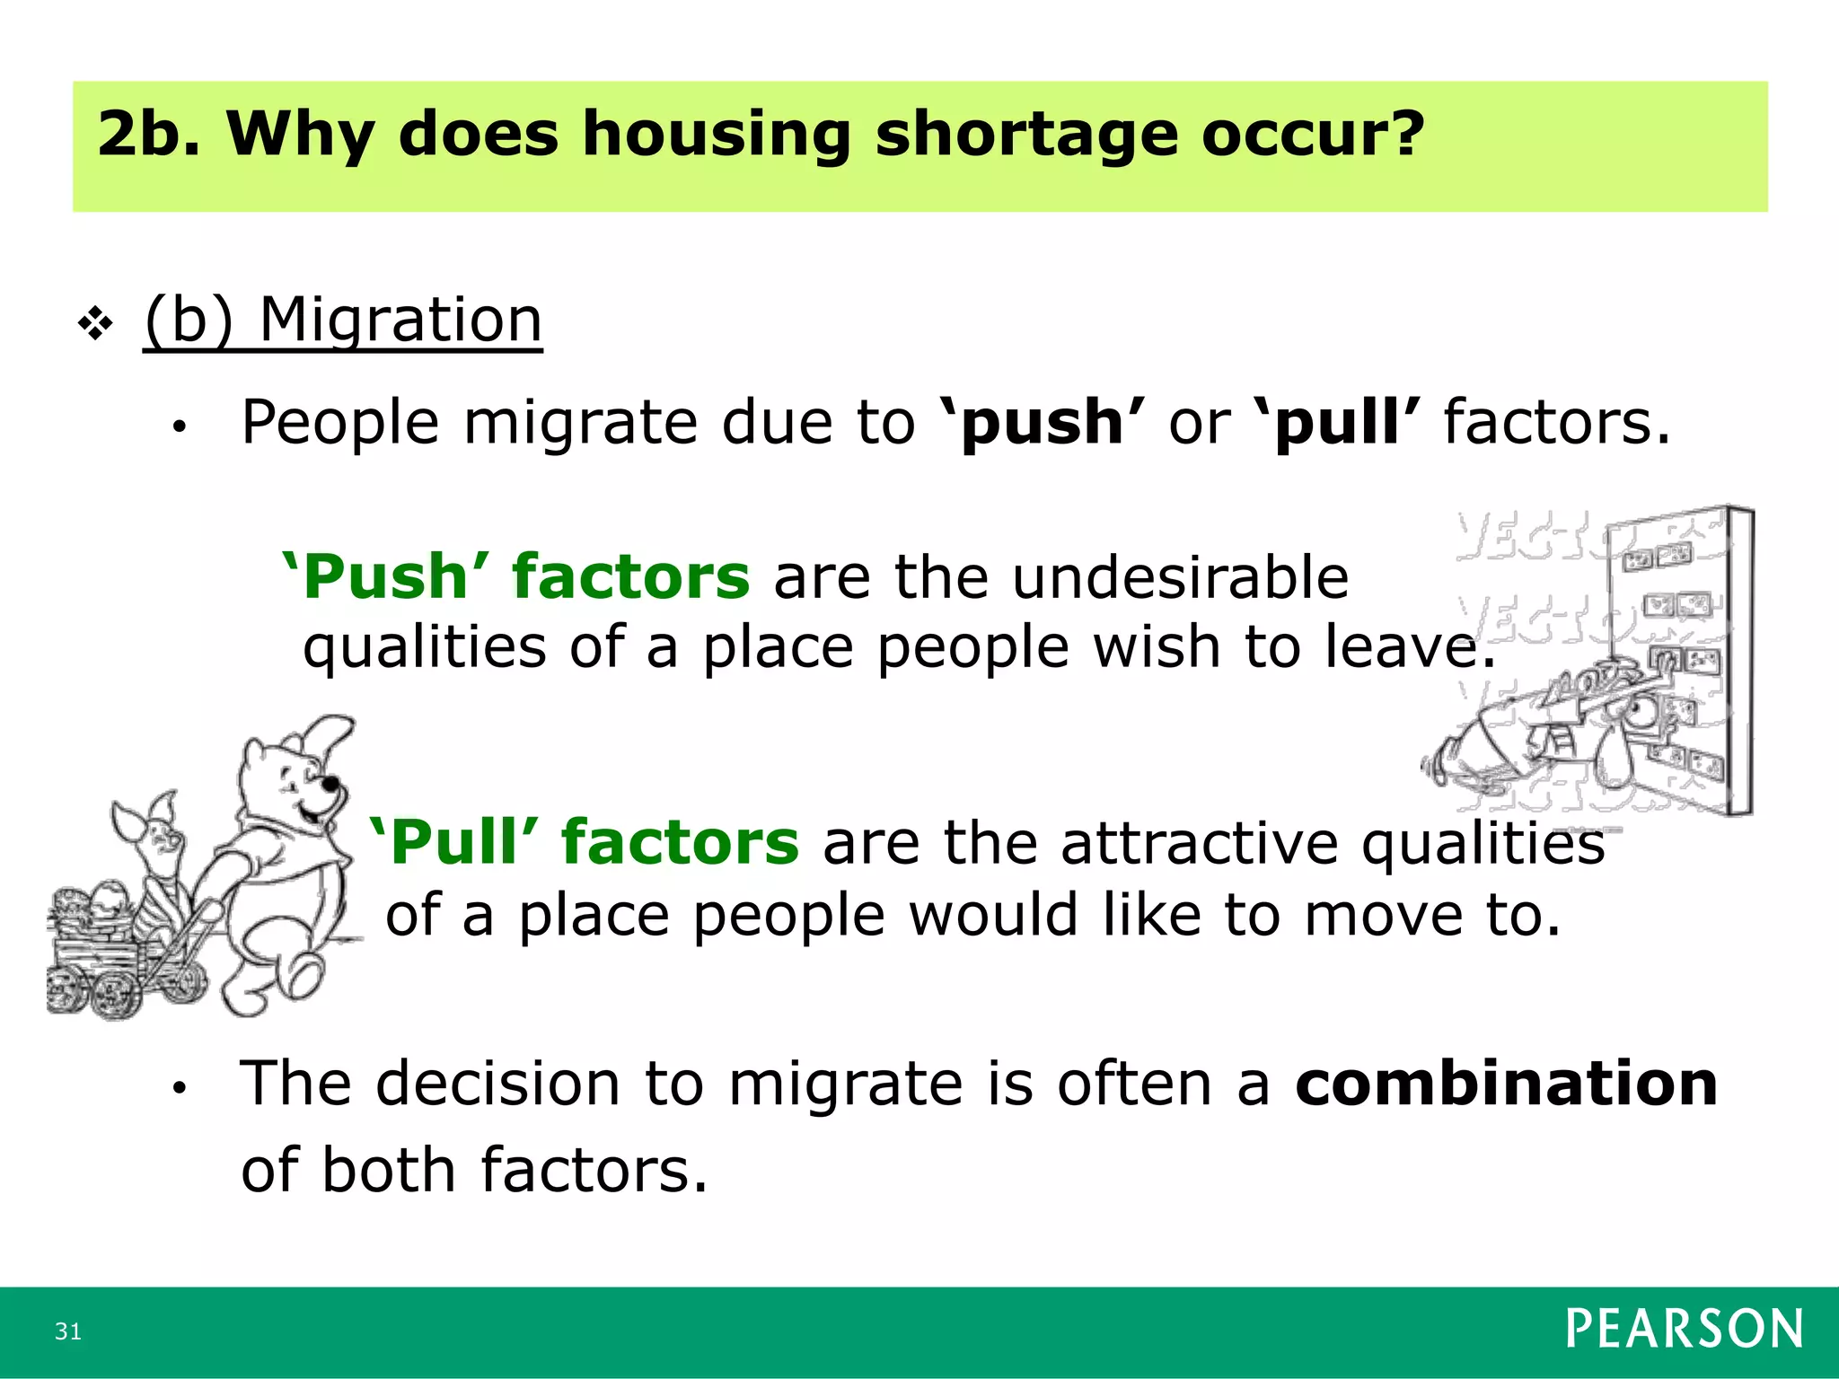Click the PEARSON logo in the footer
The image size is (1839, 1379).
tap(1684, 1329)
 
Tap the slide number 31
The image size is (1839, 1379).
tap(68, 1331)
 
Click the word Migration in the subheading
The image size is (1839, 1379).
tap(400, 320)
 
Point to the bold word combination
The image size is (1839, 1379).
tap(1506, 1083)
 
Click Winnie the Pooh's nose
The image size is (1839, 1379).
tap(330, 784)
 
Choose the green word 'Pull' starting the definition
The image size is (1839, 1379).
tap(454, 843)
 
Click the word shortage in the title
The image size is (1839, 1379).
tap(1025, 134)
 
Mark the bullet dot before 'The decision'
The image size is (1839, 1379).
tap(180, 1088)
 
